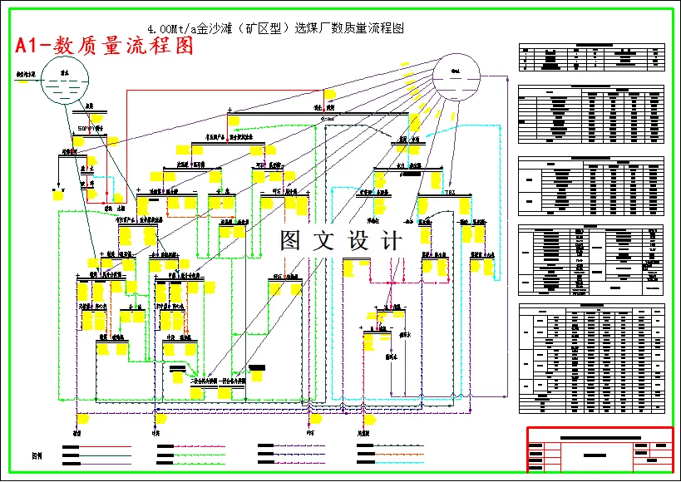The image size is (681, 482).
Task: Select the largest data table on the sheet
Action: click(592, 359)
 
